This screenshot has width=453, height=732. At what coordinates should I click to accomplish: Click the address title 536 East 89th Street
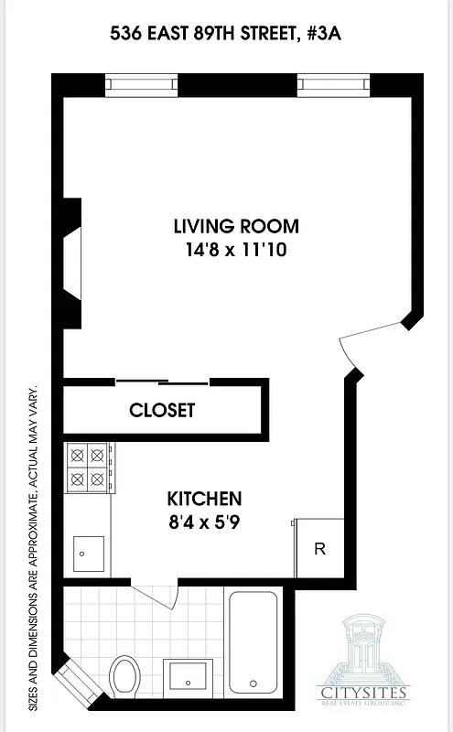point(226,35)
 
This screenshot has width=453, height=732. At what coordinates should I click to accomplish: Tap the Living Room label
point(236,226)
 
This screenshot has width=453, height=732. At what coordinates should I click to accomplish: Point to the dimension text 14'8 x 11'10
point(236,249)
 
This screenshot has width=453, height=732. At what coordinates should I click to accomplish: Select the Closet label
point(162,410)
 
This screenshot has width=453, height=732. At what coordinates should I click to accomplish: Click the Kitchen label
point(204,499)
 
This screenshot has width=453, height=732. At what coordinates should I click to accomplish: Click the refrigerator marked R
point(319,549)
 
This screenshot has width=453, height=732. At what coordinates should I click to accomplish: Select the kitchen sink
point(89,554)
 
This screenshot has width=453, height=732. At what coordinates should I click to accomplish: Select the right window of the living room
point(333,84)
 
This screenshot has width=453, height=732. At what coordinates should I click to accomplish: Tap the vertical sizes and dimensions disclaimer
point(34,547)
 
